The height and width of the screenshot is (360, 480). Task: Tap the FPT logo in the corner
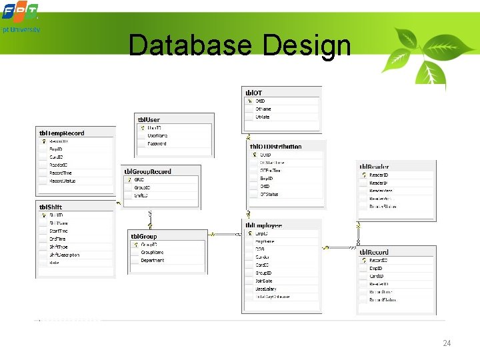click(x=20, y=12)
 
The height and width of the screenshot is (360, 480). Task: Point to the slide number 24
click(x=447, y=343)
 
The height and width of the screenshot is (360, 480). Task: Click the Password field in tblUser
click(x=157, y=143)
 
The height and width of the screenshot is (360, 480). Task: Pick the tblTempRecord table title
click(x=62, y=133)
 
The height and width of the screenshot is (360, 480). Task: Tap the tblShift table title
click(x=51, y=207)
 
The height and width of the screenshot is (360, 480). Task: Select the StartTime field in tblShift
click(x=59, y=231)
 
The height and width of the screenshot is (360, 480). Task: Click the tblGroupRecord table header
click(x=147, y=171)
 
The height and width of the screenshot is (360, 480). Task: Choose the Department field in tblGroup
click(x=153, y=260)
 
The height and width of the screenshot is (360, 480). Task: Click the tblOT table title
click(x=254, y=93)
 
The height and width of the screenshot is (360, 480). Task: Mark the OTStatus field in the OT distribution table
click(x=269, y=194)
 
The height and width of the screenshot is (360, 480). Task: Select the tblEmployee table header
click(x=264, y=226)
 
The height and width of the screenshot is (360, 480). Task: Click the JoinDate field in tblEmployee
click(x=265, y=281)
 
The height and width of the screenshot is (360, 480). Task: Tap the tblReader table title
click(x=374, y=167)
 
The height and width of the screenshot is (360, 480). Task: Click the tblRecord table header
click(x=374, y=252)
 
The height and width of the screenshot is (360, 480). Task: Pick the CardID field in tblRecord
click(x=377, y=276)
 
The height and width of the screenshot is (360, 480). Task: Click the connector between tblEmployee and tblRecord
click(x=340, y=247)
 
